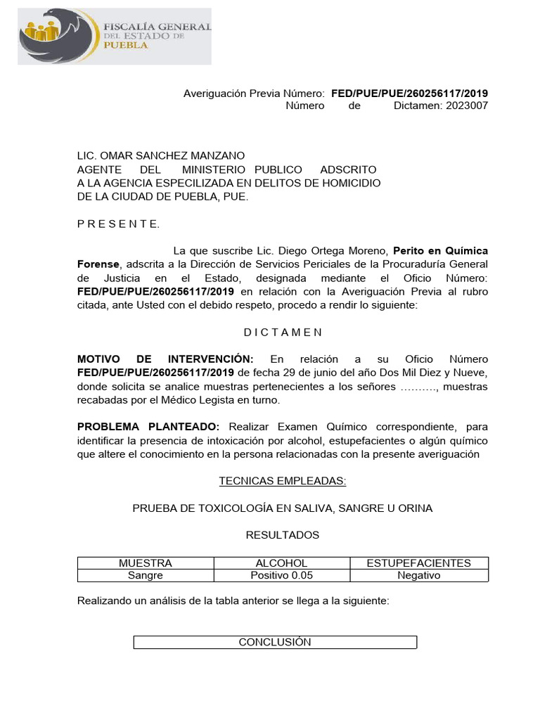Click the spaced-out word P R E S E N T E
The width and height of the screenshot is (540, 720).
(x=118, y=224)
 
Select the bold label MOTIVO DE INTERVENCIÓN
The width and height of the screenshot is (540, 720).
(x=165, y=359)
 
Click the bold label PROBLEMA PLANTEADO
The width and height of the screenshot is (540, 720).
(x=148, y=427)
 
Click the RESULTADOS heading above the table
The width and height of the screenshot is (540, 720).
(x=283, y=535)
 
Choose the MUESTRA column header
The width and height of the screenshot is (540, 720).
(x=146, y=563)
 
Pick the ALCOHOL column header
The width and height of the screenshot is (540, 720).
(x=281, y=563)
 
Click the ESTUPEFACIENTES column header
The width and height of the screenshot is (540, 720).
(x=419, y=563)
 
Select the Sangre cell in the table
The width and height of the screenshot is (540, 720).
(x=146, y=575)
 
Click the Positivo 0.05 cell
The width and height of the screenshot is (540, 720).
(x=281, y=575)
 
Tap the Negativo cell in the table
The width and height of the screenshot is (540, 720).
(x=419, y=575)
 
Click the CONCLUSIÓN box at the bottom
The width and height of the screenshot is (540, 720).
(x=275, y=642)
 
